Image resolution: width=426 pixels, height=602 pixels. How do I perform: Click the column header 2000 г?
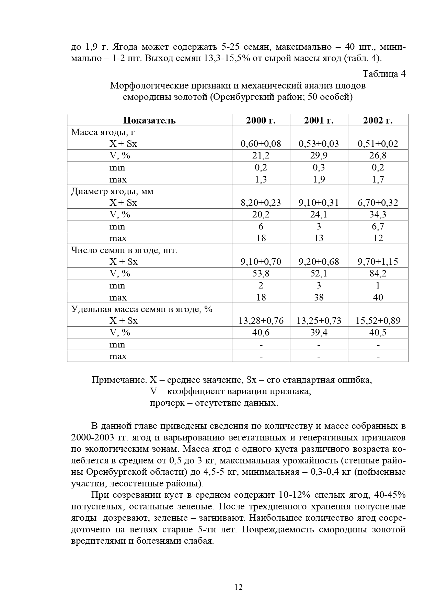pyautogui.click(x=261, y=120)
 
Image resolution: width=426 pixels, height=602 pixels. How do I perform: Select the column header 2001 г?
pyautogui.click(x=319, y=120)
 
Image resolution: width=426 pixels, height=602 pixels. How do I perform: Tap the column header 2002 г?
pyautogui.click(x=378, y=120)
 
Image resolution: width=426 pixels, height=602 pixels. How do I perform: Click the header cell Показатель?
pyautogui.click(x=149, y=120)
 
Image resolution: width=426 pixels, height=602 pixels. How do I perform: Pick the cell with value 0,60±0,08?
pyautogui.click(x=261, y=144)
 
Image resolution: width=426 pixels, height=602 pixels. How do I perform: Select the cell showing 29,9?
pyautogui.click(x=319, y=155)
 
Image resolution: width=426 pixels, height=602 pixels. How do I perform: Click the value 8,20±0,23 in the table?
pyautogui.click(x=261, y=203)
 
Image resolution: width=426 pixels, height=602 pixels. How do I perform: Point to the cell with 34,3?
pyautogui.click(x=378, y=214)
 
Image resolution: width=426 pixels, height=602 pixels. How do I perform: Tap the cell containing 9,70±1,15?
pyautogui.click(x=378, y=262)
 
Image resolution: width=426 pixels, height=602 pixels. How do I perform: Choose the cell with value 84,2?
pyautogui.click(x=378, y=273)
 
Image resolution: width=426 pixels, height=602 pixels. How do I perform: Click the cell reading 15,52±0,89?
pyautogui.click(x=378, y=321)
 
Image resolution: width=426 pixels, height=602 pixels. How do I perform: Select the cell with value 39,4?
pyautogui.click(x=319, y=332)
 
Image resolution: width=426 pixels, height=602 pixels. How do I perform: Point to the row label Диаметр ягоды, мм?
pyautogui.click(x=112, y=191)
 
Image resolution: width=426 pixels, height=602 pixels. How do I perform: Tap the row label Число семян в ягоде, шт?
pyautogui.click(x=124, y=250)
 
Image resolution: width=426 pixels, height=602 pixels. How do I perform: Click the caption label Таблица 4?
pyautogui.click(x=384, y=74)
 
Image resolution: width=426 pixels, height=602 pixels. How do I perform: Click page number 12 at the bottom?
pyautogui.click(x=238, y=587)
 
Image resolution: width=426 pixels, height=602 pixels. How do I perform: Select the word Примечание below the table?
pyautogui.click(x=119, y=380)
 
